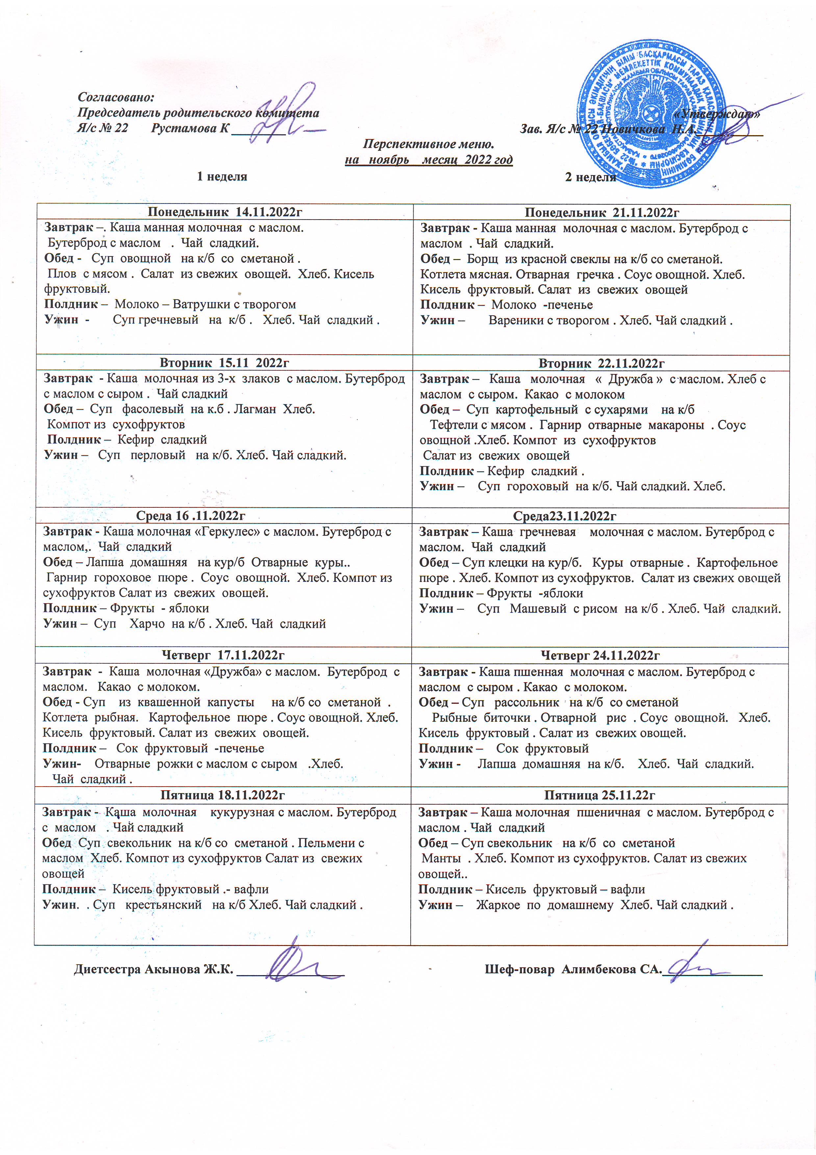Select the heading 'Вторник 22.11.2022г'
pos(601,363)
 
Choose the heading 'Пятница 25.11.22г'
pos(599,795)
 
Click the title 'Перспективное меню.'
pos(428,144)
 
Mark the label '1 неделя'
pos(222,176)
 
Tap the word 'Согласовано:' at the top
pos(115,97)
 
